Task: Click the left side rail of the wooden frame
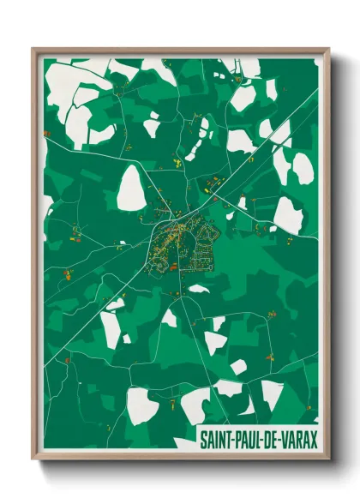point(35,257)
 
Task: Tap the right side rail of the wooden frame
point(327,257)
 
